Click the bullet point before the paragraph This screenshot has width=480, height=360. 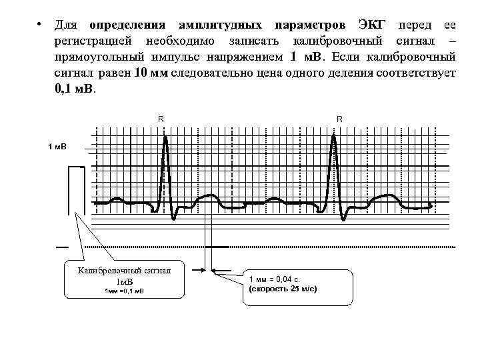point(41,25)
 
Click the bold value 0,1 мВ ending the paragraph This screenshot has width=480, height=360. point(75,88)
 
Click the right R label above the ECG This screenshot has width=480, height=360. point(339,119)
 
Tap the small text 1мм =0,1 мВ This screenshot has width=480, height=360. point(125,291)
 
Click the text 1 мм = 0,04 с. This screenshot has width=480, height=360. point(280,279)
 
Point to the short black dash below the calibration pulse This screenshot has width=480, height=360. point(62,247)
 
